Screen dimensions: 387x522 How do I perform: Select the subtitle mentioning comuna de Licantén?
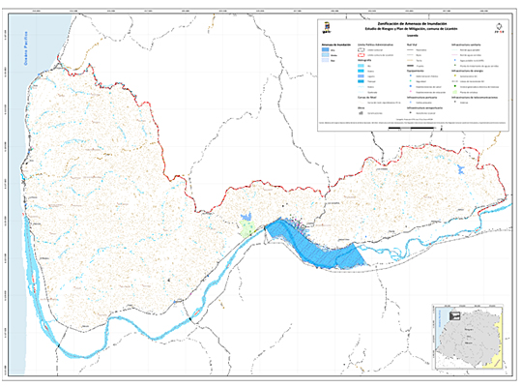[x=414, y=28]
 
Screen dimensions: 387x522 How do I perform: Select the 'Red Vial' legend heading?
[x=414, y=45]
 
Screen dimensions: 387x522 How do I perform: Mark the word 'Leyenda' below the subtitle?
[x=414, y=34]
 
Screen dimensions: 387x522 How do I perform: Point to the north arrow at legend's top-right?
[x=498, y=27]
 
